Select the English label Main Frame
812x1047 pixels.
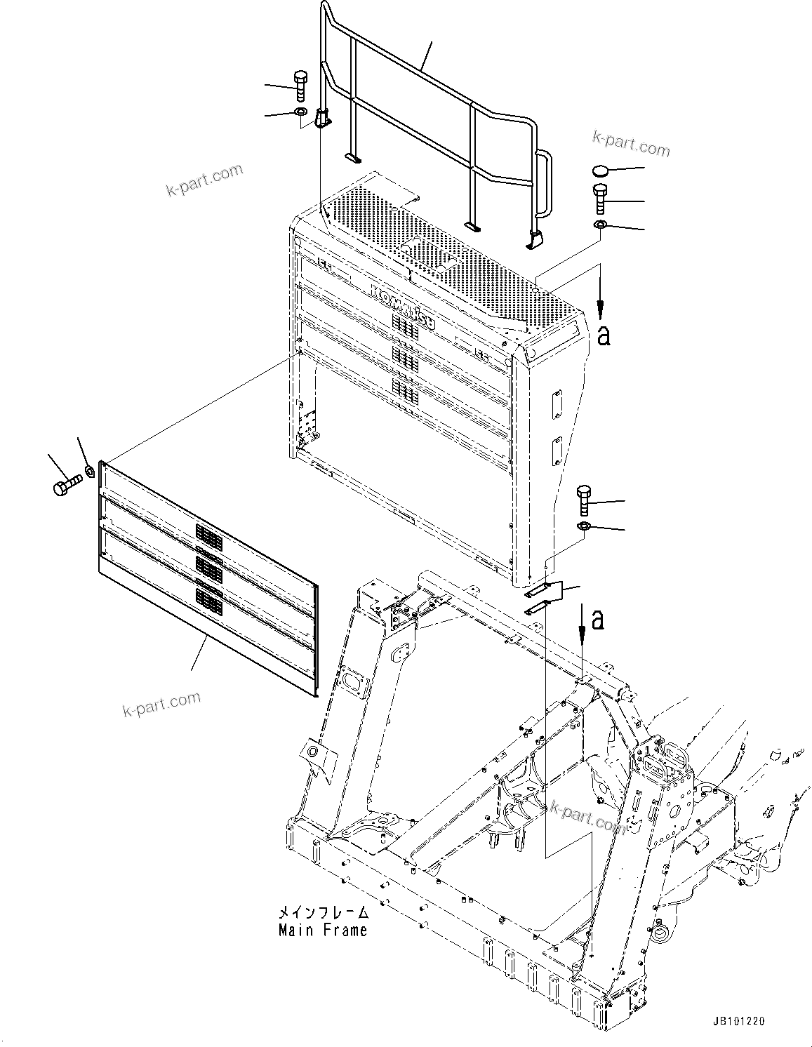click(322, 931)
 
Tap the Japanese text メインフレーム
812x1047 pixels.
click(323, 913)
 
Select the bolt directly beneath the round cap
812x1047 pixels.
click(600, 199)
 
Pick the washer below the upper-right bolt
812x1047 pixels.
click(600, 225)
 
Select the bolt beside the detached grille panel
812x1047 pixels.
click(67, 484)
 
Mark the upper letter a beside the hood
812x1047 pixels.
click(603, 335)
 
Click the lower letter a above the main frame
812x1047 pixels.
click(597, 620)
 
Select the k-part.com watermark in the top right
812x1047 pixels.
click(631, 144)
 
